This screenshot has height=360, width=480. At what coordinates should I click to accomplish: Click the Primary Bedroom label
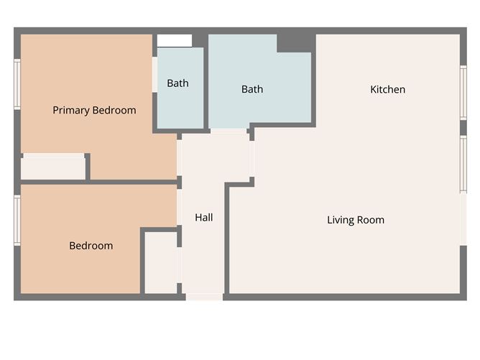click(94, 110)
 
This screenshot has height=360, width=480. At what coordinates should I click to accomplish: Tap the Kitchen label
click(387, 90)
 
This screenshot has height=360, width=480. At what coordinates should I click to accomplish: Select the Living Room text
click(355, 220)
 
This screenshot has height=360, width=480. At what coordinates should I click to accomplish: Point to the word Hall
click(203, 217)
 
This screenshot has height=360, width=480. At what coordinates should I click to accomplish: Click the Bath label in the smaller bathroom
click(177, 83)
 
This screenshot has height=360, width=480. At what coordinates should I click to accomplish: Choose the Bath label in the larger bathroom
click(251, 89)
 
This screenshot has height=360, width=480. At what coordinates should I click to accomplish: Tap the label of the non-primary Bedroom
click(91, 246)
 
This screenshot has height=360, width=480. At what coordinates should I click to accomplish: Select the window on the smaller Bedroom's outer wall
click(17, 220)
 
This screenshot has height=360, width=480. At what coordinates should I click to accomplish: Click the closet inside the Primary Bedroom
click(52, 167)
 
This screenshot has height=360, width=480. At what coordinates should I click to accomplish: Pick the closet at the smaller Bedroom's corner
click(160, 262)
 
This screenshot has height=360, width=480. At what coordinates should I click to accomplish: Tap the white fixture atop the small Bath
click(175, 41)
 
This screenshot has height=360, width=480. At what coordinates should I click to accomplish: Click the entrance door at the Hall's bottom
click(204, 296)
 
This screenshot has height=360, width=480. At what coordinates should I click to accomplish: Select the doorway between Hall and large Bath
click(229, 130)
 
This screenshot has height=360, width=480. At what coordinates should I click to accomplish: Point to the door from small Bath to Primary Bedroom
click(154, 74)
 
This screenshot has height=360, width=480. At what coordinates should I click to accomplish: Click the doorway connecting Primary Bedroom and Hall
click(179, 158)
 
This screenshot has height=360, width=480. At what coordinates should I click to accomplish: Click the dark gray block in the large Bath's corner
click(295, 42)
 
